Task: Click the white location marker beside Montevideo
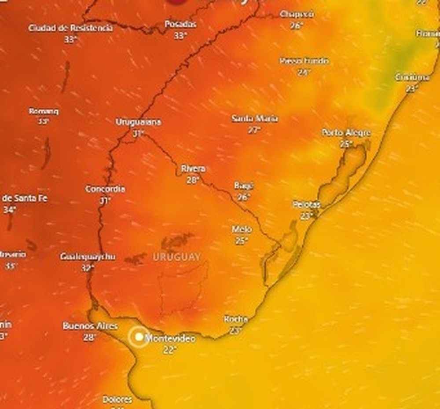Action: point(139,337)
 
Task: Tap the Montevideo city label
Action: point(170,339)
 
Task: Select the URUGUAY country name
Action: point(177,257)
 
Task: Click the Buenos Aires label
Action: point(90,326)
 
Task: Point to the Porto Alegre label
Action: point(346,132)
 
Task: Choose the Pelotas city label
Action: point(307,204)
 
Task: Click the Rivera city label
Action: point(193,168)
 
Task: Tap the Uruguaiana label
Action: point(138,122)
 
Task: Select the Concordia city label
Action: point(105,189)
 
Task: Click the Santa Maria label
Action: point(255,118)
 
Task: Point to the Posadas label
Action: point(180,24)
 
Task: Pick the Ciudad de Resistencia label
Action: point(70,28)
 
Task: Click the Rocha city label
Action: point(236,319)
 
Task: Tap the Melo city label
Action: point(242,230)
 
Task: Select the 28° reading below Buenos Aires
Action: point(90,337)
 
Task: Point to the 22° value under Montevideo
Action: point(169,350)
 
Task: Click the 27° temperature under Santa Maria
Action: point(254,130)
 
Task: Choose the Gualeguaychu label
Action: point(88,256)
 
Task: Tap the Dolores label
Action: point(117,400)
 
